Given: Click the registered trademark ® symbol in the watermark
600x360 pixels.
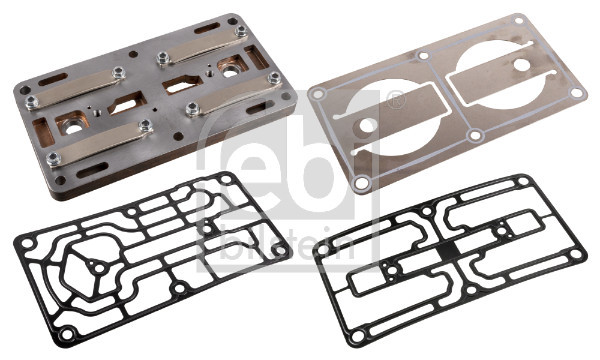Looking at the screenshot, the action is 396,100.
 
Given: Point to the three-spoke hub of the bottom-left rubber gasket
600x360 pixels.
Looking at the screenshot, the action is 99,267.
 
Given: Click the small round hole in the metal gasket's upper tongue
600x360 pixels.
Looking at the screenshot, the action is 522,65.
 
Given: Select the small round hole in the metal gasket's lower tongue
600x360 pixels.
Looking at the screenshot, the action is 366,125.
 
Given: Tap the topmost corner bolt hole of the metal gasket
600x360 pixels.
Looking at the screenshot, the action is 518,20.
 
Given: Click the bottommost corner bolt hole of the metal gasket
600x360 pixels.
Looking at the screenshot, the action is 361,183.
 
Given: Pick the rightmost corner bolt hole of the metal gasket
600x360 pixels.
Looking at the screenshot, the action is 575,92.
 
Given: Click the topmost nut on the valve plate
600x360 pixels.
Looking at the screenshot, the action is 241,31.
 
